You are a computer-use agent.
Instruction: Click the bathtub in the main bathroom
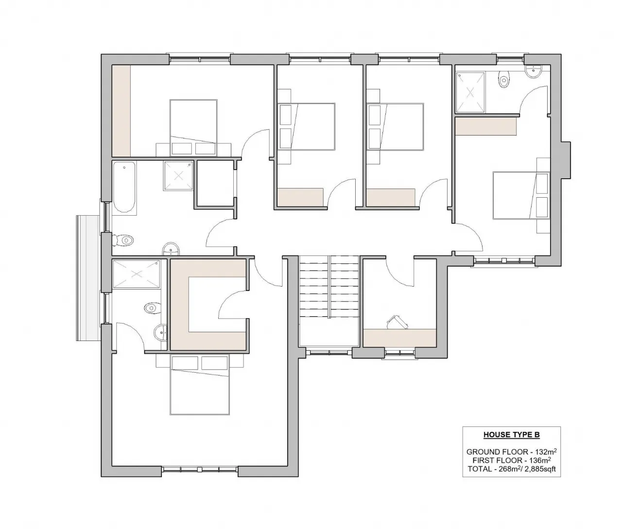pyautogui.click(x=124, y=188)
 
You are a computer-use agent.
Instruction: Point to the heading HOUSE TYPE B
pyautogui.click(x=511, y=435)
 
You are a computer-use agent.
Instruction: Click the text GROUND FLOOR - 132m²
pyautogui.click(x=511, y=451)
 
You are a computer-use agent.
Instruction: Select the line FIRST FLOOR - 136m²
pyautogui.click(x=511, y=460)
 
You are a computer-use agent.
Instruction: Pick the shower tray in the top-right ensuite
pyautogui.click(x=470, y=92)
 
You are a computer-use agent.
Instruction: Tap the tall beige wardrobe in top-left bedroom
pyautogui.click(x=121, y=111)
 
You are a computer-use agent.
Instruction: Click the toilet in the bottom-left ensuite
pyautogui.click(x=152, y=307)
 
